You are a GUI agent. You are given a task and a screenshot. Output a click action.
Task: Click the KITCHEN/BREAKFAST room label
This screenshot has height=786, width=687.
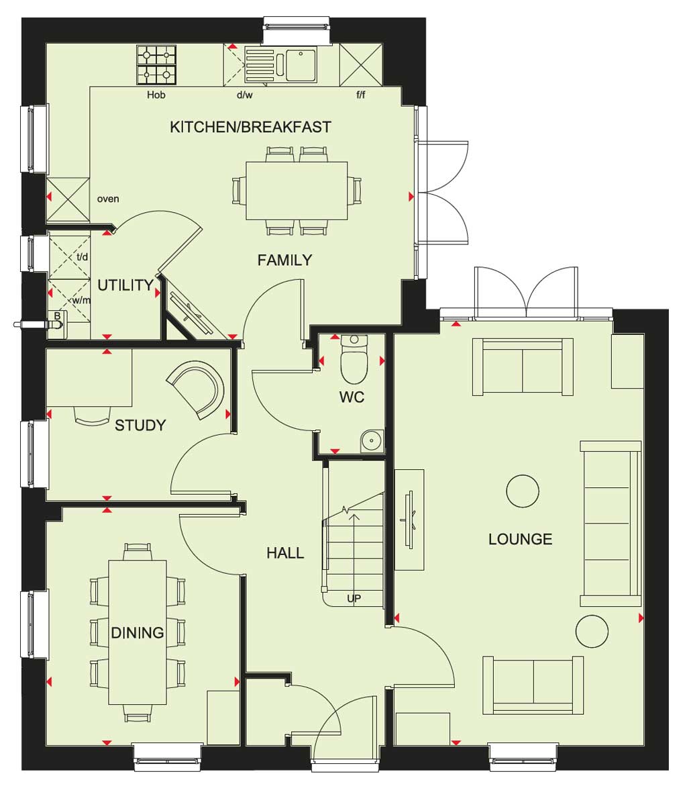coord(250,127)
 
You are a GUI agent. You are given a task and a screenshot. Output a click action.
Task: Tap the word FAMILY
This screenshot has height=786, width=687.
coord(284,260)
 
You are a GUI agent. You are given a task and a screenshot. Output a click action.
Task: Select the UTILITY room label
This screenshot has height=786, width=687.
coord(125,285)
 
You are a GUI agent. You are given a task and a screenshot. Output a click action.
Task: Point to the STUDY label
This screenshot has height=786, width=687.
coord(140,426)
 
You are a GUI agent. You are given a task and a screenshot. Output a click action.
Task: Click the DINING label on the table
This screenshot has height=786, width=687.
coord(138,632)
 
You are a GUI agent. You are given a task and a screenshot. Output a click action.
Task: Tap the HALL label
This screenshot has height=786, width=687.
coord(285,553)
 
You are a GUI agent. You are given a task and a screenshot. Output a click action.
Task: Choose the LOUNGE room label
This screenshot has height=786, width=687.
coord(520,540)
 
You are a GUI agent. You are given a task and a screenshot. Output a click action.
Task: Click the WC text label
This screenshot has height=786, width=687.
coord(352,397)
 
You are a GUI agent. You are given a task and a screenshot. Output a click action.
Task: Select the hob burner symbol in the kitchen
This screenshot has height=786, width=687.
coord(156,65)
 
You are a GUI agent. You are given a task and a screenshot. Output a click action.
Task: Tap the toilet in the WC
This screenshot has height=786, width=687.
coord(354,359)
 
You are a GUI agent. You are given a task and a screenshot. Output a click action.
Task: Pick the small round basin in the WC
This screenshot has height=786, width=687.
coord(372,441)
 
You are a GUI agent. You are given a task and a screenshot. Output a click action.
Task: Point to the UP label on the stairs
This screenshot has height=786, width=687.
coord(354,599)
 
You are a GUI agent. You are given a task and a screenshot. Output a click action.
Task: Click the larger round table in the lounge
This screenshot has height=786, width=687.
coord(523,491)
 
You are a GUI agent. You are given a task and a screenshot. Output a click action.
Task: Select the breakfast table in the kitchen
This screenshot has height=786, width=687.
coord(297,191)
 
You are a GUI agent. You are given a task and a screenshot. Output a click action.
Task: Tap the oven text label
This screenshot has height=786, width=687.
coord(108,199)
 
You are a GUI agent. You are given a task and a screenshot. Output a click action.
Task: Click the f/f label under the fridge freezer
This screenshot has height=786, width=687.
coord(361,95)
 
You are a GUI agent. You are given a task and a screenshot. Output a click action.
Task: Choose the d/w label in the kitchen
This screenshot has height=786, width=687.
coord(245,95)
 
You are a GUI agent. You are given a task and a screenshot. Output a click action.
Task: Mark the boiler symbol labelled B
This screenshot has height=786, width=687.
coord(56,321)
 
